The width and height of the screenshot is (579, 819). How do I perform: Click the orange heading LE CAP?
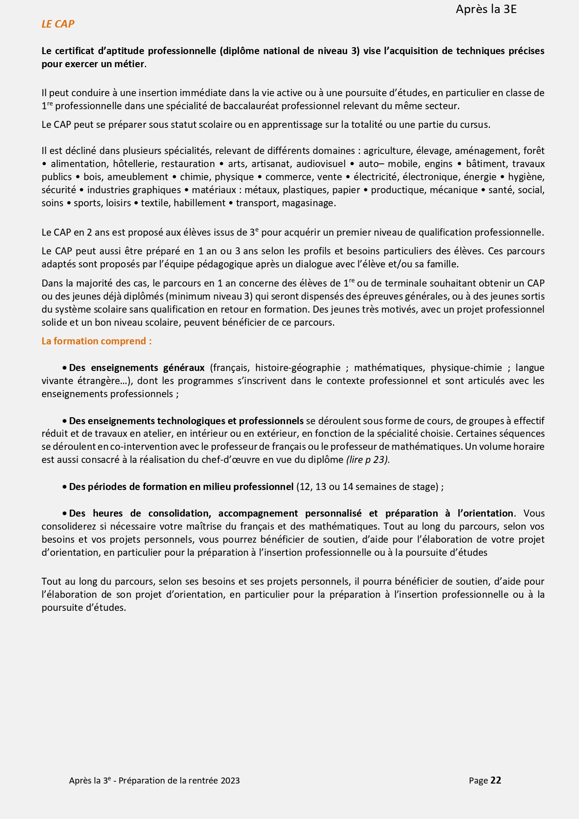pyautogui.click(x=58, y=24)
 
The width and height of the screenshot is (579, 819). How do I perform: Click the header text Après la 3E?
pyautogui.click(x=486, y=9)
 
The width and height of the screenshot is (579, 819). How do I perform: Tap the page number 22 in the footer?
pyautogui.click(x=495, y=780)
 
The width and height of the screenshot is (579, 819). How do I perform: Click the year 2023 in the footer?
pyautogui.click(x=230, y=781)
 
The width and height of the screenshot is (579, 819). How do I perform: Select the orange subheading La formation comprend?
pyautogui.click(x=97, y=341)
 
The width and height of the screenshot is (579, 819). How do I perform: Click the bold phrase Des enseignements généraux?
pyautogui.click(x=137, y=368)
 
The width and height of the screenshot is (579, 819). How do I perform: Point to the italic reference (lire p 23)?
pyautogui.click(x=368, y=460)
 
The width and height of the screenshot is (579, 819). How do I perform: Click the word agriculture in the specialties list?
pyautogui.click(x=387, y=151)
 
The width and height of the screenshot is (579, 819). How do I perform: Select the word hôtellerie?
pyautogui.click(x=134, y=164)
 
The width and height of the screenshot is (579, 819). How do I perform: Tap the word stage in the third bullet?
pyautogui.click(x=424, y=487)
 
